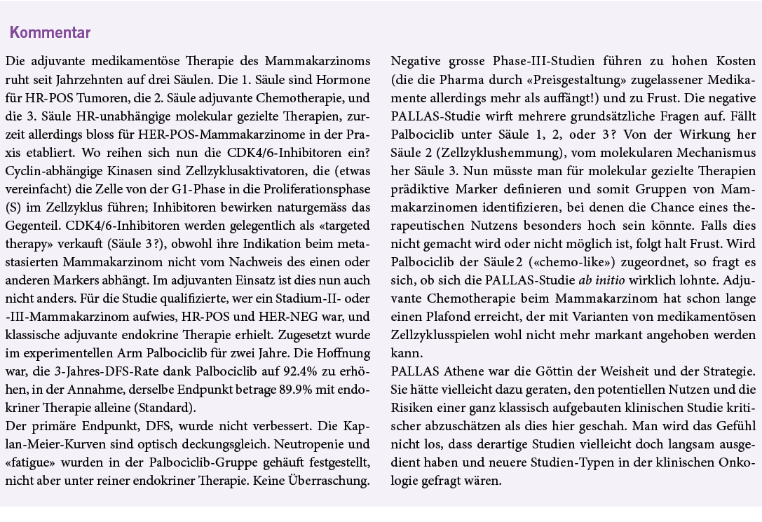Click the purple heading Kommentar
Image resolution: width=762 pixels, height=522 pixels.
click(x=50, y=33)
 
